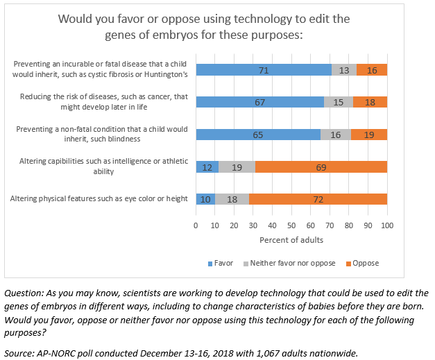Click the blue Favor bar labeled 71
click(x=264, y=69)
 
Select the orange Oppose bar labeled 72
click(x=318, y=199)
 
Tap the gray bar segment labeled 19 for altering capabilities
click(x=237, y=166)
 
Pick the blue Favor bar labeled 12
click(x=207, y=166)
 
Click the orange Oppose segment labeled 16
click(x=372, y=69)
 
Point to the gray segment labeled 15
click(x=339, y=102)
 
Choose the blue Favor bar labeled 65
click(x=258, y=135)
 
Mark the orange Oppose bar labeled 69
click(x=321, y=166)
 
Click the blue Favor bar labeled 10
click(x=205, y=199)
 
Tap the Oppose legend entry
click(x=366, y=264)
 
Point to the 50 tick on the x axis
click(x=291, y=226)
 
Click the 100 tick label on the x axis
click(x=387, y=226)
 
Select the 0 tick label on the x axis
click(x=196, y=226)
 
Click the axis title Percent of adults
click(x=291, y=240)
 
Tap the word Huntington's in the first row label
click(x=165, y=74)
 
